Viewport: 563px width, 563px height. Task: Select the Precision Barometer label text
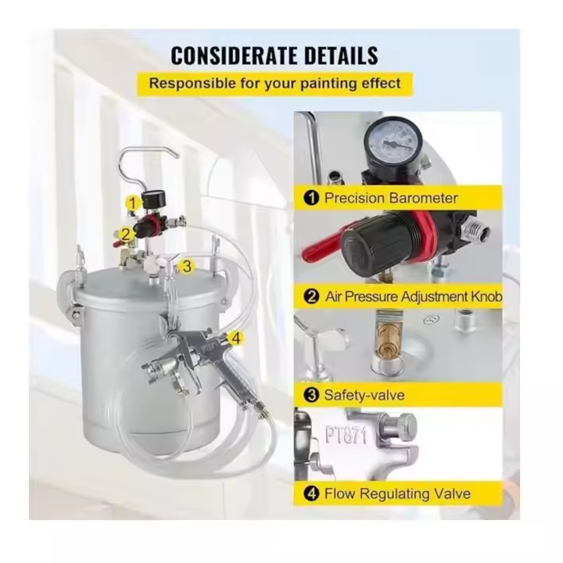point(391,198)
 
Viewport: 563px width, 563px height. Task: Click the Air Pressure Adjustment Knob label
point(414,296)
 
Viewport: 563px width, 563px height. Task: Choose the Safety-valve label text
point(364,395)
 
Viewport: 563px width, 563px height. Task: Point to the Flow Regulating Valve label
point(397,493)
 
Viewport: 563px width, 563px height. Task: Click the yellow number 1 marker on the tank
point(133,203)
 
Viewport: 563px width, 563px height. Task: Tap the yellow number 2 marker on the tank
point(126,234)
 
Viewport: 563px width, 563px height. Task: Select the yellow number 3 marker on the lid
point(187,267)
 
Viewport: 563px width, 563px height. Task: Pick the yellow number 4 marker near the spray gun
point(236,339)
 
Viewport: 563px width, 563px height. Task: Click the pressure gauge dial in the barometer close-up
point(393,143)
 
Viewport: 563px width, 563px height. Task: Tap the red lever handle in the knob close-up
point(322,245)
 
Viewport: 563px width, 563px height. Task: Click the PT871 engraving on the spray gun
point(346,436)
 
